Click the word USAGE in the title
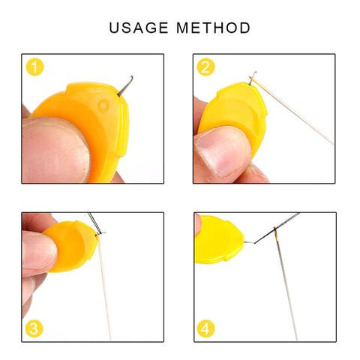(x=139, y=28)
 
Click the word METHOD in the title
(x=214, y=28)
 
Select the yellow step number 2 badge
(x=206, y=67)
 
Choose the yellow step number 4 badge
(x=206, y=328)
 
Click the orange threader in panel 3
(x=75, y=244)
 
